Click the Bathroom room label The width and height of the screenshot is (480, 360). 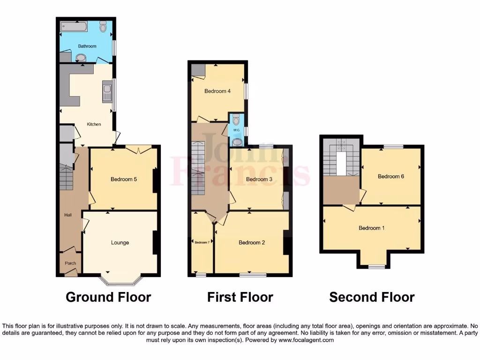pos(87,46)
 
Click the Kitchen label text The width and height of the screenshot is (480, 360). pos(94,124)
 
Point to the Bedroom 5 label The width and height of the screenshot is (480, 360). pos(124,179)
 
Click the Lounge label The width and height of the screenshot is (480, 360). pos(120,243)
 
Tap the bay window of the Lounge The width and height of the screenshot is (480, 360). pos(121,280)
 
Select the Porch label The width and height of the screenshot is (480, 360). pos(70,263)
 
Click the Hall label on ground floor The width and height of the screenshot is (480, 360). pos(68,215)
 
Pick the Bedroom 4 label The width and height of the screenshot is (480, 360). pos(217,91)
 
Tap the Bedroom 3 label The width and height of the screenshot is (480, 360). pos(259,180)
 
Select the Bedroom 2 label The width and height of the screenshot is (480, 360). pos(252,243)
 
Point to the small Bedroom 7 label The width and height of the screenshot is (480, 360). pos(202,242)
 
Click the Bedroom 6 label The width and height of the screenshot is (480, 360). pos(391,177)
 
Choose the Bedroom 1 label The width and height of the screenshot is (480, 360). pos(372,228)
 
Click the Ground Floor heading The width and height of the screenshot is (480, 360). pos(108,297)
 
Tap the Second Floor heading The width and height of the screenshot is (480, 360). pos(372,297)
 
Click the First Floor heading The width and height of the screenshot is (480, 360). pos(240,297)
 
